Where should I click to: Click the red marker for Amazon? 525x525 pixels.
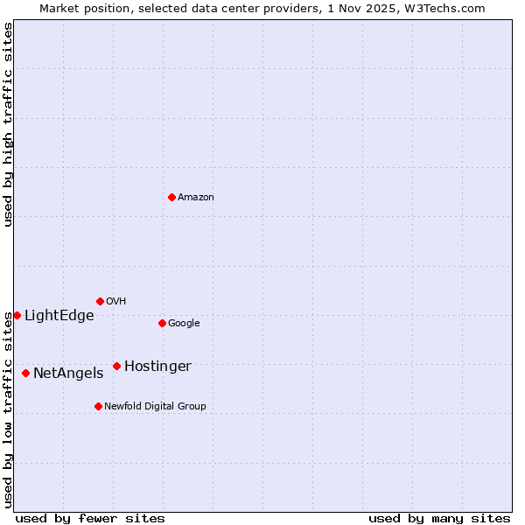click(171, 197)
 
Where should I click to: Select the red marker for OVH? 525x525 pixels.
click(100, 301)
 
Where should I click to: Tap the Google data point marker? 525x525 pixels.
click(162, 323)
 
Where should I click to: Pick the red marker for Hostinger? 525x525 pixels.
click(116, 366)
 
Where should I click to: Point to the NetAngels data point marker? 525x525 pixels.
click(25, 373)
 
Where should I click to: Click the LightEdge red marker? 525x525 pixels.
click(17, 315)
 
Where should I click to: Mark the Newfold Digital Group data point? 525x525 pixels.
click(98, 406)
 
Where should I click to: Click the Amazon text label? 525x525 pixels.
click(196, 198)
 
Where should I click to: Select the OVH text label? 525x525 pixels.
click(116, 302)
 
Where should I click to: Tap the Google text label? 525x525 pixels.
click(184, 324)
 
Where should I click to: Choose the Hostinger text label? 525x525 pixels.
click(157, 367)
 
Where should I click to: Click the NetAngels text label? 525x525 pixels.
click(68, 374)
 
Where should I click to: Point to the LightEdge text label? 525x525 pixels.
click(59, 316)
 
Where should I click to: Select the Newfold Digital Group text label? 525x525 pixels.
click(155, 407)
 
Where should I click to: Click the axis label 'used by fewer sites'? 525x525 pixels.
click(90, 518)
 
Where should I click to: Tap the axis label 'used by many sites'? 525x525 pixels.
click(439, 518)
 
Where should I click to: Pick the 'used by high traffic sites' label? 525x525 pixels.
click(8, 124)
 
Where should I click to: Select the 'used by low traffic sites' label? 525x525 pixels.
click(8, 409)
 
